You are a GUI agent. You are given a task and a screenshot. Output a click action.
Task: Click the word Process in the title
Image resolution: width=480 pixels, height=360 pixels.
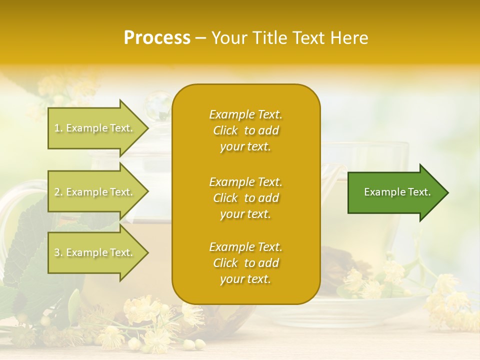click(x=157, y=38)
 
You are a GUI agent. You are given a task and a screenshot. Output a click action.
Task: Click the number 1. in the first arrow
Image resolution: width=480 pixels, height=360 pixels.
click(x=58, y=128)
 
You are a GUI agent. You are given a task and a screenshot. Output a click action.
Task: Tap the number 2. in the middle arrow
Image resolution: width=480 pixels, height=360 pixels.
click(x=58, y=192)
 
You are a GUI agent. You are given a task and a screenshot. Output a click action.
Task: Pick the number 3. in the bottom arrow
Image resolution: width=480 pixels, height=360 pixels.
click(x=58, y=252)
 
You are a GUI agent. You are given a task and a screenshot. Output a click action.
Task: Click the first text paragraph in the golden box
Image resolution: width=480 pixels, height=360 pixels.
click(x=245, y=130)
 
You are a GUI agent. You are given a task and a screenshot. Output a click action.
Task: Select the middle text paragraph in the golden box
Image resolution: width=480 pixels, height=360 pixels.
click(x=245, y=198)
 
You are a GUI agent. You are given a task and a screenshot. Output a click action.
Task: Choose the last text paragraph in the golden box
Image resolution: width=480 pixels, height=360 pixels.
click(x=245, y=263)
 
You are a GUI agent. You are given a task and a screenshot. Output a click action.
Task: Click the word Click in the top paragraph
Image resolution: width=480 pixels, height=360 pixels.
click(x=225, y=130)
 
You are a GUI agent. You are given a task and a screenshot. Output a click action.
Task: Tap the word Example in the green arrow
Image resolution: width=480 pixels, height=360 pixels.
click(x=381, y=192)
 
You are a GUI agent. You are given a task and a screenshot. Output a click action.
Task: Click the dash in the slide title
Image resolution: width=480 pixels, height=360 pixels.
click(x=201, y=38)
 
